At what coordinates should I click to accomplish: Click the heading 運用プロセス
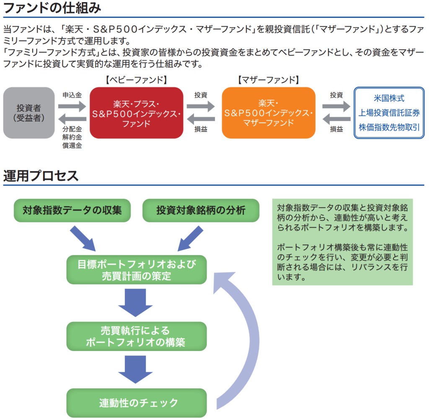pyautogui.click(x=41, y=176)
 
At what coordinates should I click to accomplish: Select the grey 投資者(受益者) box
pyautogui.click(x=29, y=113)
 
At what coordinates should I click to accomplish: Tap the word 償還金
pyautogui.click(x=72, y=145)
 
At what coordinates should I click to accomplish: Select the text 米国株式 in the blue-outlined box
pyautogui.click(x=389, y=98)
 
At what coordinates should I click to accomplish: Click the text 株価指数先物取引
pyautogui.click(x=389, y=127)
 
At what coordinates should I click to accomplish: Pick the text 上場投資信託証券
pyautogui.click(x=389, y=113)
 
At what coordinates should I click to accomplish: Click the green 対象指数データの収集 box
pyautogui.click(x=72, y=210)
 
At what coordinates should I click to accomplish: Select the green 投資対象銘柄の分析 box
pyautogui.click(x=201, y=210)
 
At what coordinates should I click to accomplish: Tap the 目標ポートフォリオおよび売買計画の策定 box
pyautogui.click(x=137, y=270)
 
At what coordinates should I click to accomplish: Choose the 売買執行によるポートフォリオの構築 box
pyautogui.click(x=137, y=336)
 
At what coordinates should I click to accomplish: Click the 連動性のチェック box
pyautogui.click(x=137, y=403)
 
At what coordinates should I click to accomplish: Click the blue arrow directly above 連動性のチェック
pyautogui.click(x=135, y=369)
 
